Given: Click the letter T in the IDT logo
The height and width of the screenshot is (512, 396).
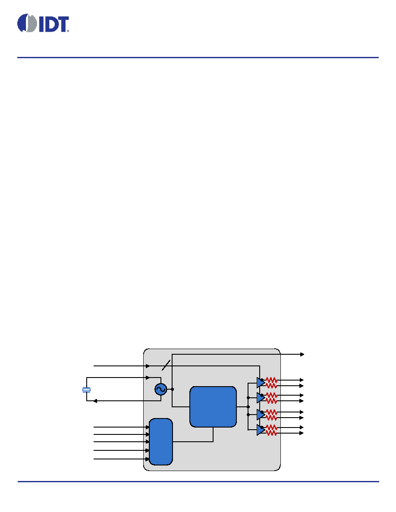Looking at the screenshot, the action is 63,25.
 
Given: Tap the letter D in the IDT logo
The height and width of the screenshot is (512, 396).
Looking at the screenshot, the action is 50,25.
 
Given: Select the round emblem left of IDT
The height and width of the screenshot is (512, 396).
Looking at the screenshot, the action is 27,23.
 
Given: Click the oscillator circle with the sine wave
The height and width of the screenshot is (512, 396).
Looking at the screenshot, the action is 161,389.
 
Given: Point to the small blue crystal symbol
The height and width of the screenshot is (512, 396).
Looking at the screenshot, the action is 87,390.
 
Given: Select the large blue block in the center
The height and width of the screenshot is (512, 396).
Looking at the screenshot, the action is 213,407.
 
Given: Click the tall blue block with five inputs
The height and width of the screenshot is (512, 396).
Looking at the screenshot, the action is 161,441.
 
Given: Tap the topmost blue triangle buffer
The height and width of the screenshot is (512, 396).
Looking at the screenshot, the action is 261,383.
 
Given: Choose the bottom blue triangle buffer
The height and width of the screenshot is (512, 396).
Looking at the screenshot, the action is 261,430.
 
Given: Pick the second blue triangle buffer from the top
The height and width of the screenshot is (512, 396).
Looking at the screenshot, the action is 261,398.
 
